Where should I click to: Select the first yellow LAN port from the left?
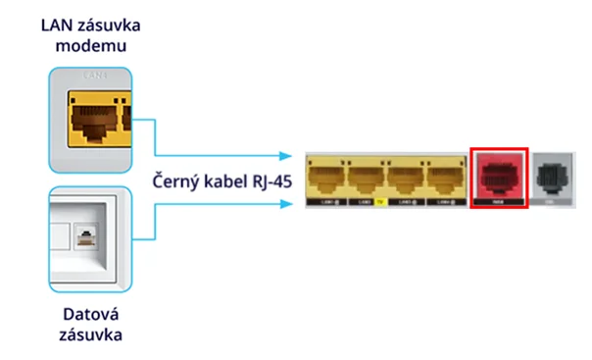(326, 178)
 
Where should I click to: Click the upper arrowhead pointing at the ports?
(287, 156)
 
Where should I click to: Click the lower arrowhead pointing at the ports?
(287, 204)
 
